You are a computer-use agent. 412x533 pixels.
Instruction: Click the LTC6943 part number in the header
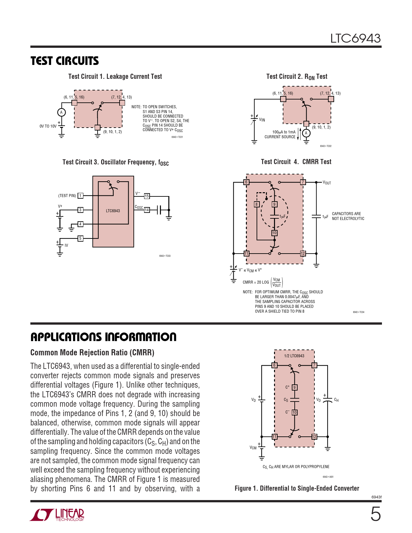click(355, 39)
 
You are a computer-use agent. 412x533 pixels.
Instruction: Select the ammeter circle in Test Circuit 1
click(61, 112)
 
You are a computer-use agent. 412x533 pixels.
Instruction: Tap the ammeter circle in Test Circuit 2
click(306, 133)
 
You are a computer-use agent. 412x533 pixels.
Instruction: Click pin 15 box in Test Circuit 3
click(147, 196)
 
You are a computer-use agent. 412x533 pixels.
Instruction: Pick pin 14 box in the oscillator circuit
click(147, 210)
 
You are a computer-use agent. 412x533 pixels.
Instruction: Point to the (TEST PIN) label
click(67, 196)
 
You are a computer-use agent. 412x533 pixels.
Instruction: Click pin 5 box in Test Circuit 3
click(80, 238)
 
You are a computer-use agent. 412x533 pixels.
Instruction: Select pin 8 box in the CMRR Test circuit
click(257, 204)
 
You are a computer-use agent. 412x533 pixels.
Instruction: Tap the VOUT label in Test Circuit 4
click(327, 183)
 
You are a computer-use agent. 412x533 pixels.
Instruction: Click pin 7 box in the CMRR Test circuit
click(303, 182)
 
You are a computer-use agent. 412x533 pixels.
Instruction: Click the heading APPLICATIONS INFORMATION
click(103, 337)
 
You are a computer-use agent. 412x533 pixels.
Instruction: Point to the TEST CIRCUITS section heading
click(65, 61)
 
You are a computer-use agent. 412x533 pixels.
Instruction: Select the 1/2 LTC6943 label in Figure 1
click(294, 356)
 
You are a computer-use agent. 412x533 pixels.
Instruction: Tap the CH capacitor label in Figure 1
click(336, 400)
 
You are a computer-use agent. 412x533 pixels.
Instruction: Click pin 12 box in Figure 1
click(314, 437)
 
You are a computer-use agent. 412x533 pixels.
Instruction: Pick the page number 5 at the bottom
click(375, 514)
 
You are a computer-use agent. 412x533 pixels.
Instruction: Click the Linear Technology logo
click(57, 515)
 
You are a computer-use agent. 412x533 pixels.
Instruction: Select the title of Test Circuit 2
click(297, 77)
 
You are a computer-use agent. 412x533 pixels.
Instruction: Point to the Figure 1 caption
click(297, 488)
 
